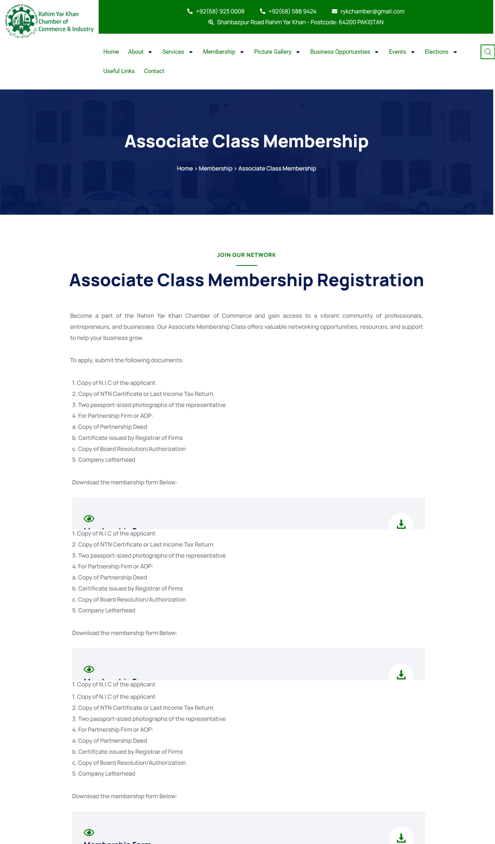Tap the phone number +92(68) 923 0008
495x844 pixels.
click(220, 11)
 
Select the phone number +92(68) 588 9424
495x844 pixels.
click(292, 11)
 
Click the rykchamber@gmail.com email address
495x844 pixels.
click(372, 11)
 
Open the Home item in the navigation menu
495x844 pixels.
click(111, 52)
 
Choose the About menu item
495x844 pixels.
click(136, 52)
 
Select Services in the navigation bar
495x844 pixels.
click(173, 52)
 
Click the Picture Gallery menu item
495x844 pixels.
click(273, 52)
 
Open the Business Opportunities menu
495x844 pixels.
click(340, 52)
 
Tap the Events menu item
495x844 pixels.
click(397, 52)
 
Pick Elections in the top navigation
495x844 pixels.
click(436, 52)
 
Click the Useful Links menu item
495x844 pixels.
click(119, 71)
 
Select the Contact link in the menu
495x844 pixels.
click(154, 71)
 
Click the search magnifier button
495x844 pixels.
click(487, 52)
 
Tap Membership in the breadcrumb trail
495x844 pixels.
click(215, 168)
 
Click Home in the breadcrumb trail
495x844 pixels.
click(185, 168)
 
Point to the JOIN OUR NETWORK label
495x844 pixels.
click(246, 255)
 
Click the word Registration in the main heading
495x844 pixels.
click(370, 280)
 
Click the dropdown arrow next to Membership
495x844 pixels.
click(242, 52)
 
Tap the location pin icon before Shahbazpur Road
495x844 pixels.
click(211, 22)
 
